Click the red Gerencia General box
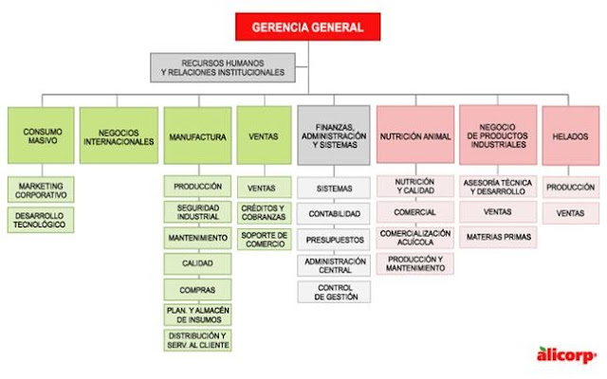[306, 27]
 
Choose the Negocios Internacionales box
[117, 136]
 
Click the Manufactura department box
[197, 136]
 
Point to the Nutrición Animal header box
[414, 136]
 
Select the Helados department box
[570, 136]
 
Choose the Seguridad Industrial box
[198, 212]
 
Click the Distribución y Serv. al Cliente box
[198, 340]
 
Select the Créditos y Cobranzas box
[264, 212]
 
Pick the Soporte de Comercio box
[264, 239]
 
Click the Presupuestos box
[334, 239]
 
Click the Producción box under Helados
[570, 188]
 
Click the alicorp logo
[569, 354]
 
